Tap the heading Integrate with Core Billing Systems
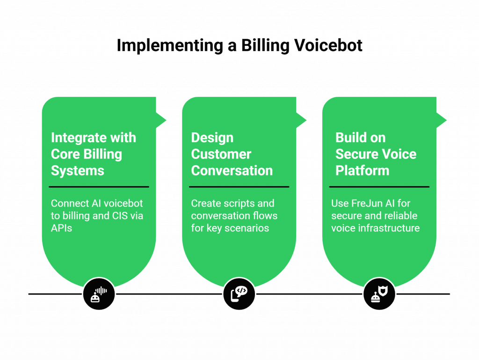coord(94,154)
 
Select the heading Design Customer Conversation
coord(232,154)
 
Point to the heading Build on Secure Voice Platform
coord(376,154)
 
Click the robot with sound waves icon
coord(99,294)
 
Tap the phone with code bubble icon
coord(239,294)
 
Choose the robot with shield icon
coord(379,294)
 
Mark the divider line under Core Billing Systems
coord(99,187)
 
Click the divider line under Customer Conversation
coord(239,187)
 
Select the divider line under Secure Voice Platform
coord(379,187)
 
